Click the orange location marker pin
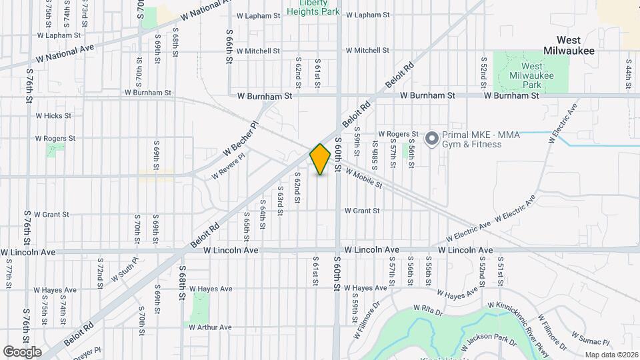321,159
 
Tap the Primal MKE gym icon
432,139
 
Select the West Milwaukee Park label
531,76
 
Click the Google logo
22,351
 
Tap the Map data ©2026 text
611,355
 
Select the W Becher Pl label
244,136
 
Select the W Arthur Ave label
210,327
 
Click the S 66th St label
229,45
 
